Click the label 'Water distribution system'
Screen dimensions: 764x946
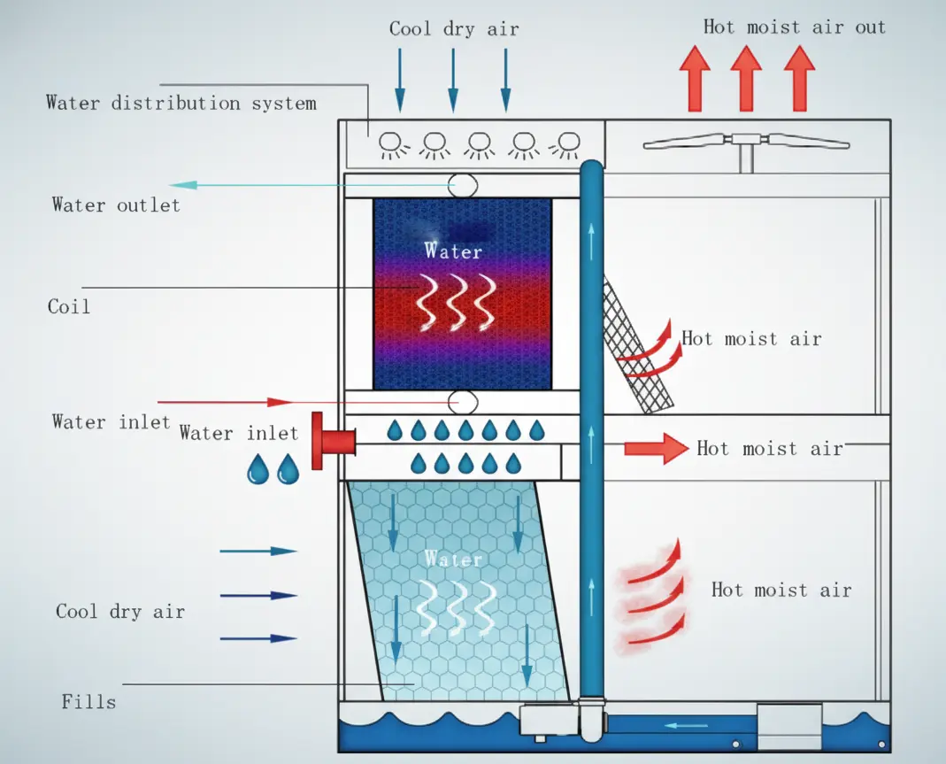point(181,103)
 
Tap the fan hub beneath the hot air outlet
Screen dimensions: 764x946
point(747,140)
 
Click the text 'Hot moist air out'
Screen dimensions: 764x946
point(794,27)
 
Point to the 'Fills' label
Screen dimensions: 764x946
point(88,702)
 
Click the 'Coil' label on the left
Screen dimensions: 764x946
point(69,307)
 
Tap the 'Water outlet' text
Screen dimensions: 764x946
point(116,205)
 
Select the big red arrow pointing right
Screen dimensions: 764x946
point(656,448)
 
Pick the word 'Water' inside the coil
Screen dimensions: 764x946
point(453,251)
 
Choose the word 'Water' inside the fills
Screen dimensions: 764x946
point(453,559)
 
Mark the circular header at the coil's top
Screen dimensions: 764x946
point(462,185)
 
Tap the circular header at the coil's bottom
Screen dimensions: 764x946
point(462,402)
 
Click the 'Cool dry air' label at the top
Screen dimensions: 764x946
point(453,28)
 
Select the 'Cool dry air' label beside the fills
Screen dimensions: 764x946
point(120,612)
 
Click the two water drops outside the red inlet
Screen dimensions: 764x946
point(273,468)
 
